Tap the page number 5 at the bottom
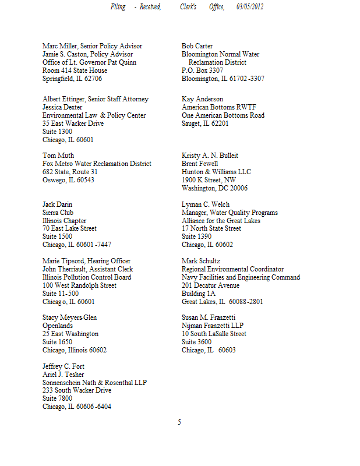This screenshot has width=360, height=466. tap(179, 422)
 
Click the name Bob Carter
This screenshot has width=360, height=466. tap(197, 46)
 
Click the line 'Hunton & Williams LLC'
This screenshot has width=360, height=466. tap(216, 172)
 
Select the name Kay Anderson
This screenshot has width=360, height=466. tap(202, 99)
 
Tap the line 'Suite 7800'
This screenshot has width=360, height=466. tap(58, 399)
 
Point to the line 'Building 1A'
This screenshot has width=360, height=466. tap(198, 294)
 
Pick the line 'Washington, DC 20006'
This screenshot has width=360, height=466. tap(214, 188)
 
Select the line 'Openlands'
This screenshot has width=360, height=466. tap(58, 326)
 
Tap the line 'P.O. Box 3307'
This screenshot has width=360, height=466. tap(202, 70)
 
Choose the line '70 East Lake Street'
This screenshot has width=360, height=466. tap(69, 228)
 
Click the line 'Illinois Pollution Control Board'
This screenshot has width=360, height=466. tap(87, 277)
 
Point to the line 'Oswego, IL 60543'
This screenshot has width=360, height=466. tap(68, 180)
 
